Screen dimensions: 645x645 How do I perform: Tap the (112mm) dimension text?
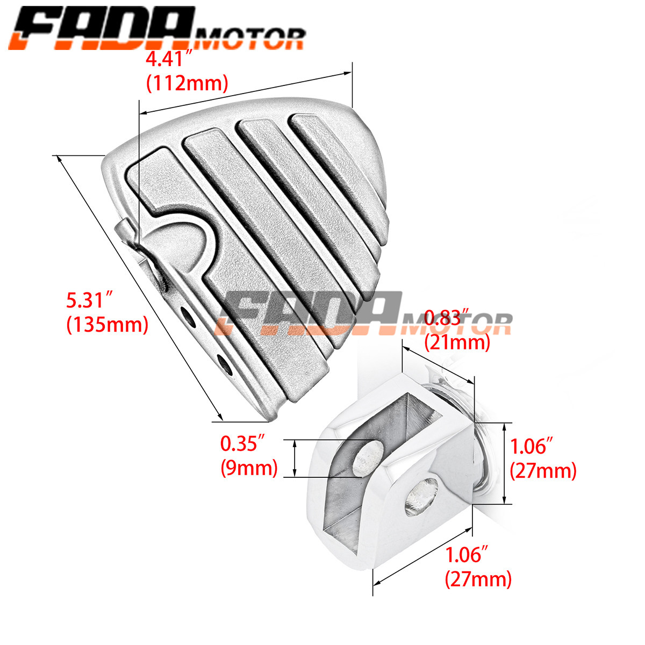[187, 83]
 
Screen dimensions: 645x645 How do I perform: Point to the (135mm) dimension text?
[107, 324]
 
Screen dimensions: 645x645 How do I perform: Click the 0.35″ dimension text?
[243, 444]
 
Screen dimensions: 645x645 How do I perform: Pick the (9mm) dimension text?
[249, 468]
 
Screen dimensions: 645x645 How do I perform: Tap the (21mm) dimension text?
[457, 341]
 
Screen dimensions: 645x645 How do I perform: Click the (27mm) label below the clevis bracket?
[478, 579]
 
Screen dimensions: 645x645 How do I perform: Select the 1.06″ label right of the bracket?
[532, 447]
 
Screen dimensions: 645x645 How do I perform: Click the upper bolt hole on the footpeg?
[188, 316]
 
